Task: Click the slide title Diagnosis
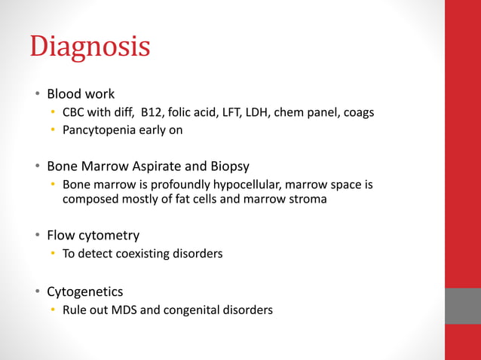coord(90,47)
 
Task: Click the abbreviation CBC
coord(75,113)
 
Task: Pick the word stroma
coord(308,200)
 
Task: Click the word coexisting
coord(145,254)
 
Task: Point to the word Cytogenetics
coord(85,291)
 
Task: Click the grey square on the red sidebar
coord(462,306)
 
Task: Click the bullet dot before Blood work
coord(36,95)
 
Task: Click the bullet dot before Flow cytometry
coord(36,236)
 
